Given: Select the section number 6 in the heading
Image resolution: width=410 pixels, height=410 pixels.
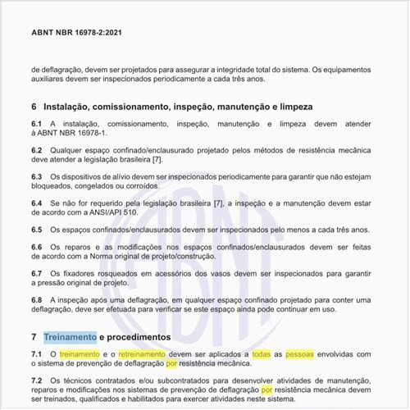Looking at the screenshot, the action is point(34,107).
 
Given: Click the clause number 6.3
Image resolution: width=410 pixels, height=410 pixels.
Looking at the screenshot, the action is point(37,176).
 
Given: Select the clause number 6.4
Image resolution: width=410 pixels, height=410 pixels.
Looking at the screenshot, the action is point(37,202).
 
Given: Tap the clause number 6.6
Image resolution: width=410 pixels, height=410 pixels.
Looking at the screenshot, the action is point(37,246).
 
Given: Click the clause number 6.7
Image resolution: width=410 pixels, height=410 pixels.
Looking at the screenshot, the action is point(37,272).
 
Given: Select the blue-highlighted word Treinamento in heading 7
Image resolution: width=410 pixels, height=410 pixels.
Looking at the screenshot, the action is point(70,337).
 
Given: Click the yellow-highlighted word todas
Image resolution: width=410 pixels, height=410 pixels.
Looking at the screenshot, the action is point(262,353).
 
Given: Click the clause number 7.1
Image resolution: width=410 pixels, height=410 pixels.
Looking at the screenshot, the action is point(37,353).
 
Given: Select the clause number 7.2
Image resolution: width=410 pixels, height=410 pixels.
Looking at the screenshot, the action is point(37,380).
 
